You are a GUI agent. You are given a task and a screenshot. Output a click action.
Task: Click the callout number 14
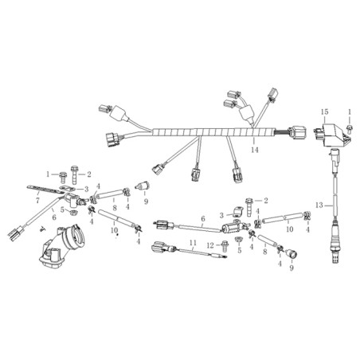click(254, 150)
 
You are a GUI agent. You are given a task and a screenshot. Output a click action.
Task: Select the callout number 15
click(324, 112)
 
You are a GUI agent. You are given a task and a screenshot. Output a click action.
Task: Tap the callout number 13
click(319, 205)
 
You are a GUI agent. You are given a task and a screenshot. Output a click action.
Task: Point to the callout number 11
click(193, 242)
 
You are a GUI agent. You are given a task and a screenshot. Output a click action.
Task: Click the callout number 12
click(210, 245)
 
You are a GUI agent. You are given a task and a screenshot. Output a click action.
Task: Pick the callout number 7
click(37, 200)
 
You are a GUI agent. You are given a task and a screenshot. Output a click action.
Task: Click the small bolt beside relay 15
click(350, 128)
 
